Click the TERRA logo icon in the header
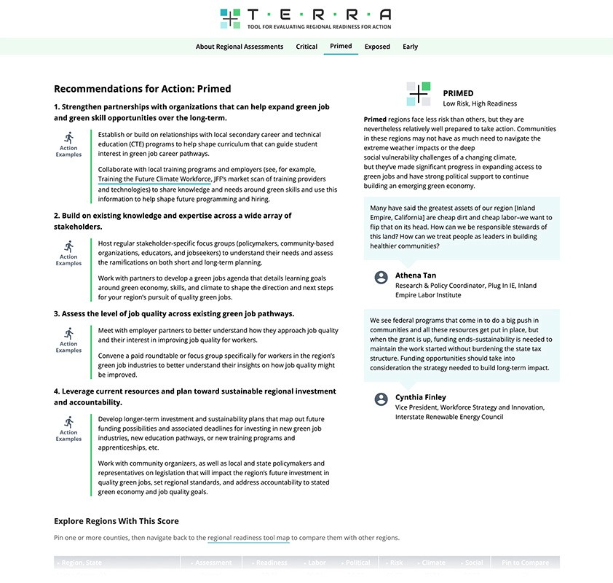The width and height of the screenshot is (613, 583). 230,18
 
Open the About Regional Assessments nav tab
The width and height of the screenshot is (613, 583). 239,47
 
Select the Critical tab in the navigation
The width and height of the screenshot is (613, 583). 306,47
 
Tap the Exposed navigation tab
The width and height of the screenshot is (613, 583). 377,47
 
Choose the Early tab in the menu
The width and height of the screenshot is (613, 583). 411,47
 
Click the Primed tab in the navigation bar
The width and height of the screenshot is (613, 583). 341,46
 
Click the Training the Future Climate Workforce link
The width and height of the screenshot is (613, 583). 155,179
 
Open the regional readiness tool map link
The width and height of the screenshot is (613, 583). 248,538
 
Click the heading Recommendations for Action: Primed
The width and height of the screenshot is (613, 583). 142,89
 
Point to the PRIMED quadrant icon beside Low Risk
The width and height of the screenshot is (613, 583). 419,94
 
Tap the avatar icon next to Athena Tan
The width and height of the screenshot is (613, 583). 381,277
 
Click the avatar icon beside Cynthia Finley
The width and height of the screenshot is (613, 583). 381,399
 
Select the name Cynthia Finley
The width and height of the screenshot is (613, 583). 421,397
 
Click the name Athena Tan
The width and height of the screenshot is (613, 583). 416,275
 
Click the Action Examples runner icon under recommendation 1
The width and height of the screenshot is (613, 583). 68,137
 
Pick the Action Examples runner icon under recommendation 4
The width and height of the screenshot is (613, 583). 68,421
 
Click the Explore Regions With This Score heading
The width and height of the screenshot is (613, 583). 116,521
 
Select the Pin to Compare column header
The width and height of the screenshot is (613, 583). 525,563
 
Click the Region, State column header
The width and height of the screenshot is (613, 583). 81,563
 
